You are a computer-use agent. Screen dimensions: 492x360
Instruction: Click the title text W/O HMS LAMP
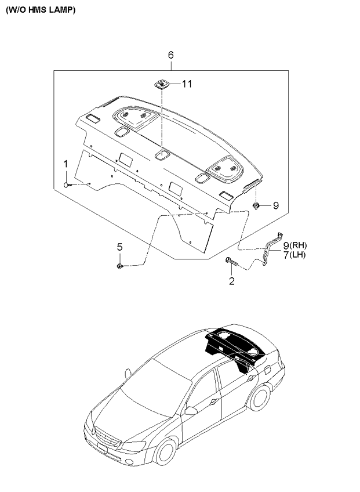(x=41, y=10)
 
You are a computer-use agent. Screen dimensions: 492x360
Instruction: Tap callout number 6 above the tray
(x=170, y=55)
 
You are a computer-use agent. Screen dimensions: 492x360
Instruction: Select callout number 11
(x=186, y=84)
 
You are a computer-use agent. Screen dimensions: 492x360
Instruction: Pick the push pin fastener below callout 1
(x=68, y=185)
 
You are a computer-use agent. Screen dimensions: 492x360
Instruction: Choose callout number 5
(x=119, y=247)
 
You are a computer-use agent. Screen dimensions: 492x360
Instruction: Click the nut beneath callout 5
(x=119, y=266)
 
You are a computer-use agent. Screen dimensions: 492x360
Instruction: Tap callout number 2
(x=232, y=281)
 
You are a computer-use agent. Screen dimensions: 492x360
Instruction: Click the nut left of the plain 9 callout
(x=256, y=205)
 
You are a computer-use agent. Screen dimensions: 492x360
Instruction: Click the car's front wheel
(x=164, y=453)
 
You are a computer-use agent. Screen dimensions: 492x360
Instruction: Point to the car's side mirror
(x=190, y=411)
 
